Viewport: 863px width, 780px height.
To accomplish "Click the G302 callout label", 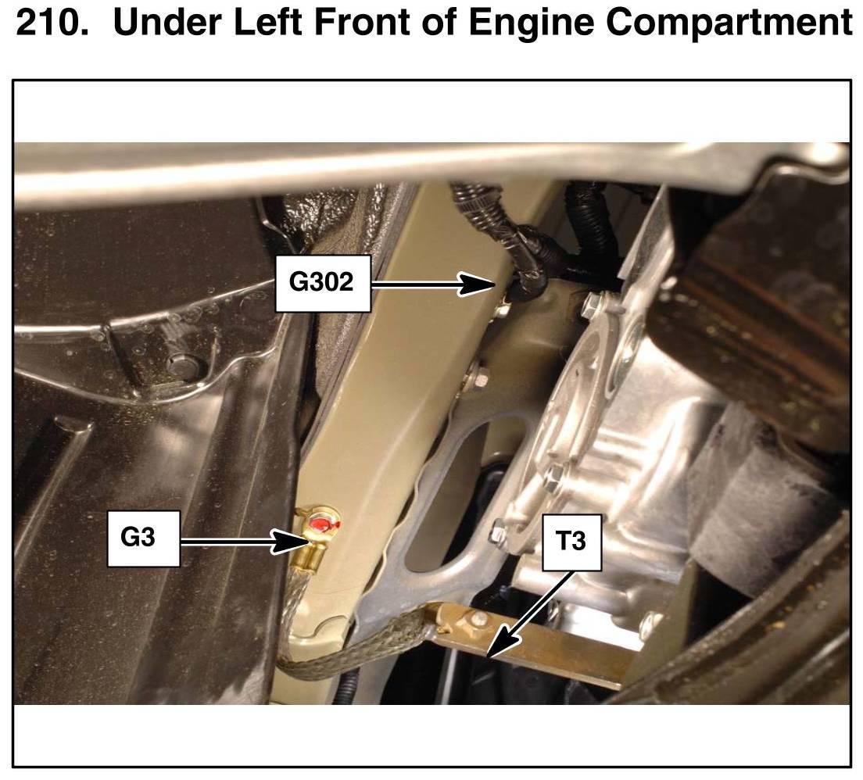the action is [323, 283].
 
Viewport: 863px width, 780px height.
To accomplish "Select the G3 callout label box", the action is [144, 538].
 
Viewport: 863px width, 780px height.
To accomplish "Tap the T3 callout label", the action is [571, 542].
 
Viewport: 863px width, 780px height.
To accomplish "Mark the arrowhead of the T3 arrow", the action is [499, 643].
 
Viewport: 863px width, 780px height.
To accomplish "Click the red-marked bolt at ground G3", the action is [322, 523].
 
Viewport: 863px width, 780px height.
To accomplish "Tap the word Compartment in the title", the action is [730, 23].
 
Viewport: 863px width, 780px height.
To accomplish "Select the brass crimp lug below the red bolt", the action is [307, 557].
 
